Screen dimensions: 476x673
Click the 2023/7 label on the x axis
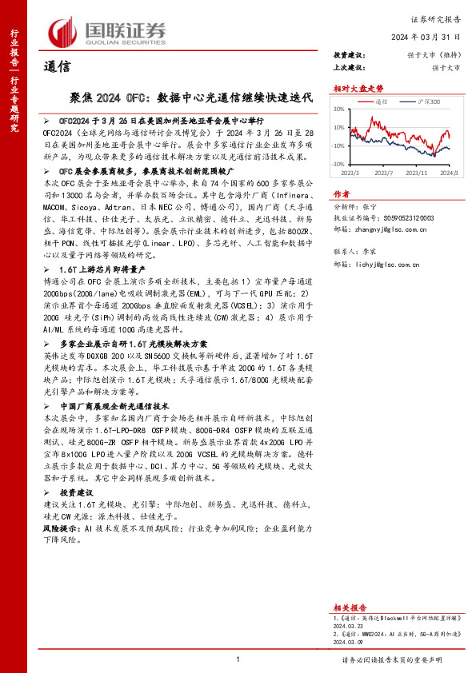click(x=383, y=172)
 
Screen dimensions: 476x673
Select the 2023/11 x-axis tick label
click(x=421, y=172)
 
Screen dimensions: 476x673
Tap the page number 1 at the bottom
click(x=238, y=659)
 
